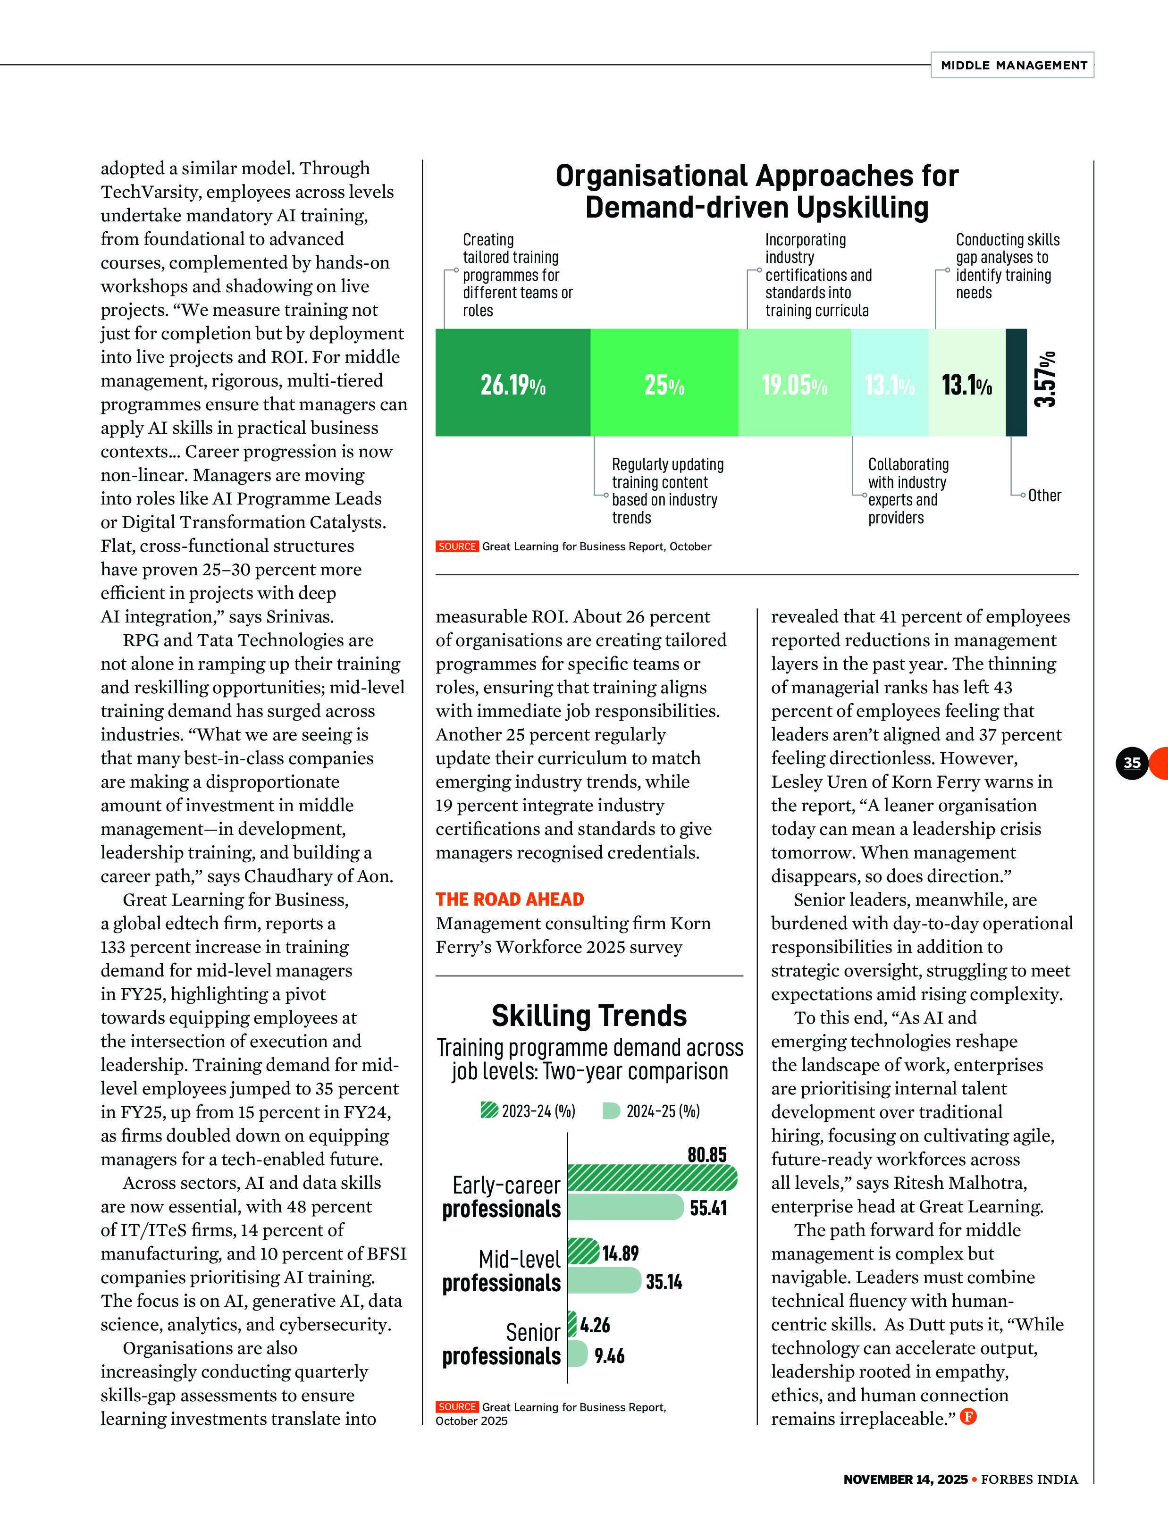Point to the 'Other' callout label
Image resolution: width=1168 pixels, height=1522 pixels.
tap(1044, 495)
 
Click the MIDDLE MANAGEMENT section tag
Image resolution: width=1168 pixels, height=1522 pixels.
tap(1013, 65)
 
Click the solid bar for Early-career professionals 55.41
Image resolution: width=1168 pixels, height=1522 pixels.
tap(625, 1207)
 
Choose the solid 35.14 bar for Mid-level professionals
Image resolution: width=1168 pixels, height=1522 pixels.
tap(604, 1281)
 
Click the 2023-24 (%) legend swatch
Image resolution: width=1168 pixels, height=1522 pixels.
tap(489, 1110)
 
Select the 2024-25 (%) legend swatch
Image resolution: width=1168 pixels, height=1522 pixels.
tap(611, 1110)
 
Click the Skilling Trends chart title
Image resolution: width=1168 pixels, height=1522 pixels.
tap(589, 1016)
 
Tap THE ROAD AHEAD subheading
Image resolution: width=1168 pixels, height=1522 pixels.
tap(510, 899)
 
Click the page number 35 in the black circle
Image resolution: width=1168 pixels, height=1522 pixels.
tap(1132, 763)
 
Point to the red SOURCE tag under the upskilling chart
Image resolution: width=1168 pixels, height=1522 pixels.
tap(457, 547)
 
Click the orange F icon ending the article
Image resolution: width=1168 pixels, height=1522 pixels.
tap(968, 1416)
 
